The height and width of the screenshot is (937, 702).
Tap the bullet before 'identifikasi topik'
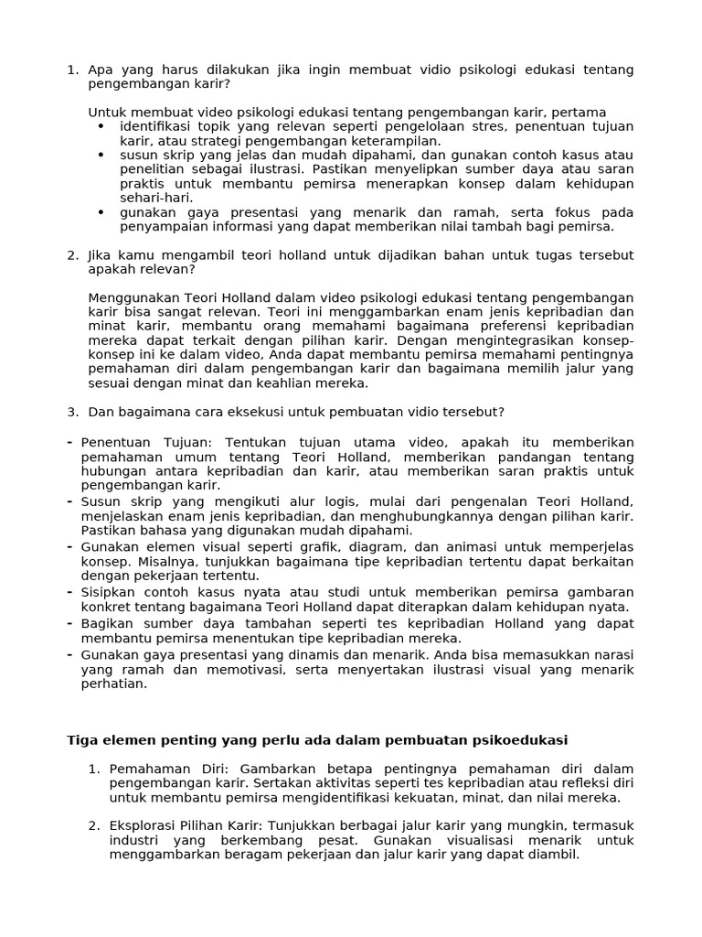click(101, 126)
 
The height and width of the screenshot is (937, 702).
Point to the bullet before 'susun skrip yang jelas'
click(101, 155)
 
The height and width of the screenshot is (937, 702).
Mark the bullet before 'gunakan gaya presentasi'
click(101, 211)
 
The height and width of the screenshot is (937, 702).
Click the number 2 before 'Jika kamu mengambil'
click(72, 254)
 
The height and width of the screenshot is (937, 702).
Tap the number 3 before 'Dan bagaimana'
click(72, 412)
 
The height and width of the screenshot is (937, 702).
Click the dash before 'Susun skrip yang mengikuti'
click(70, 501)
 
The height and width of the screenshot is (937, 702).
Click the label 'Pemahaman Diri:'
click(162, 770)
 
